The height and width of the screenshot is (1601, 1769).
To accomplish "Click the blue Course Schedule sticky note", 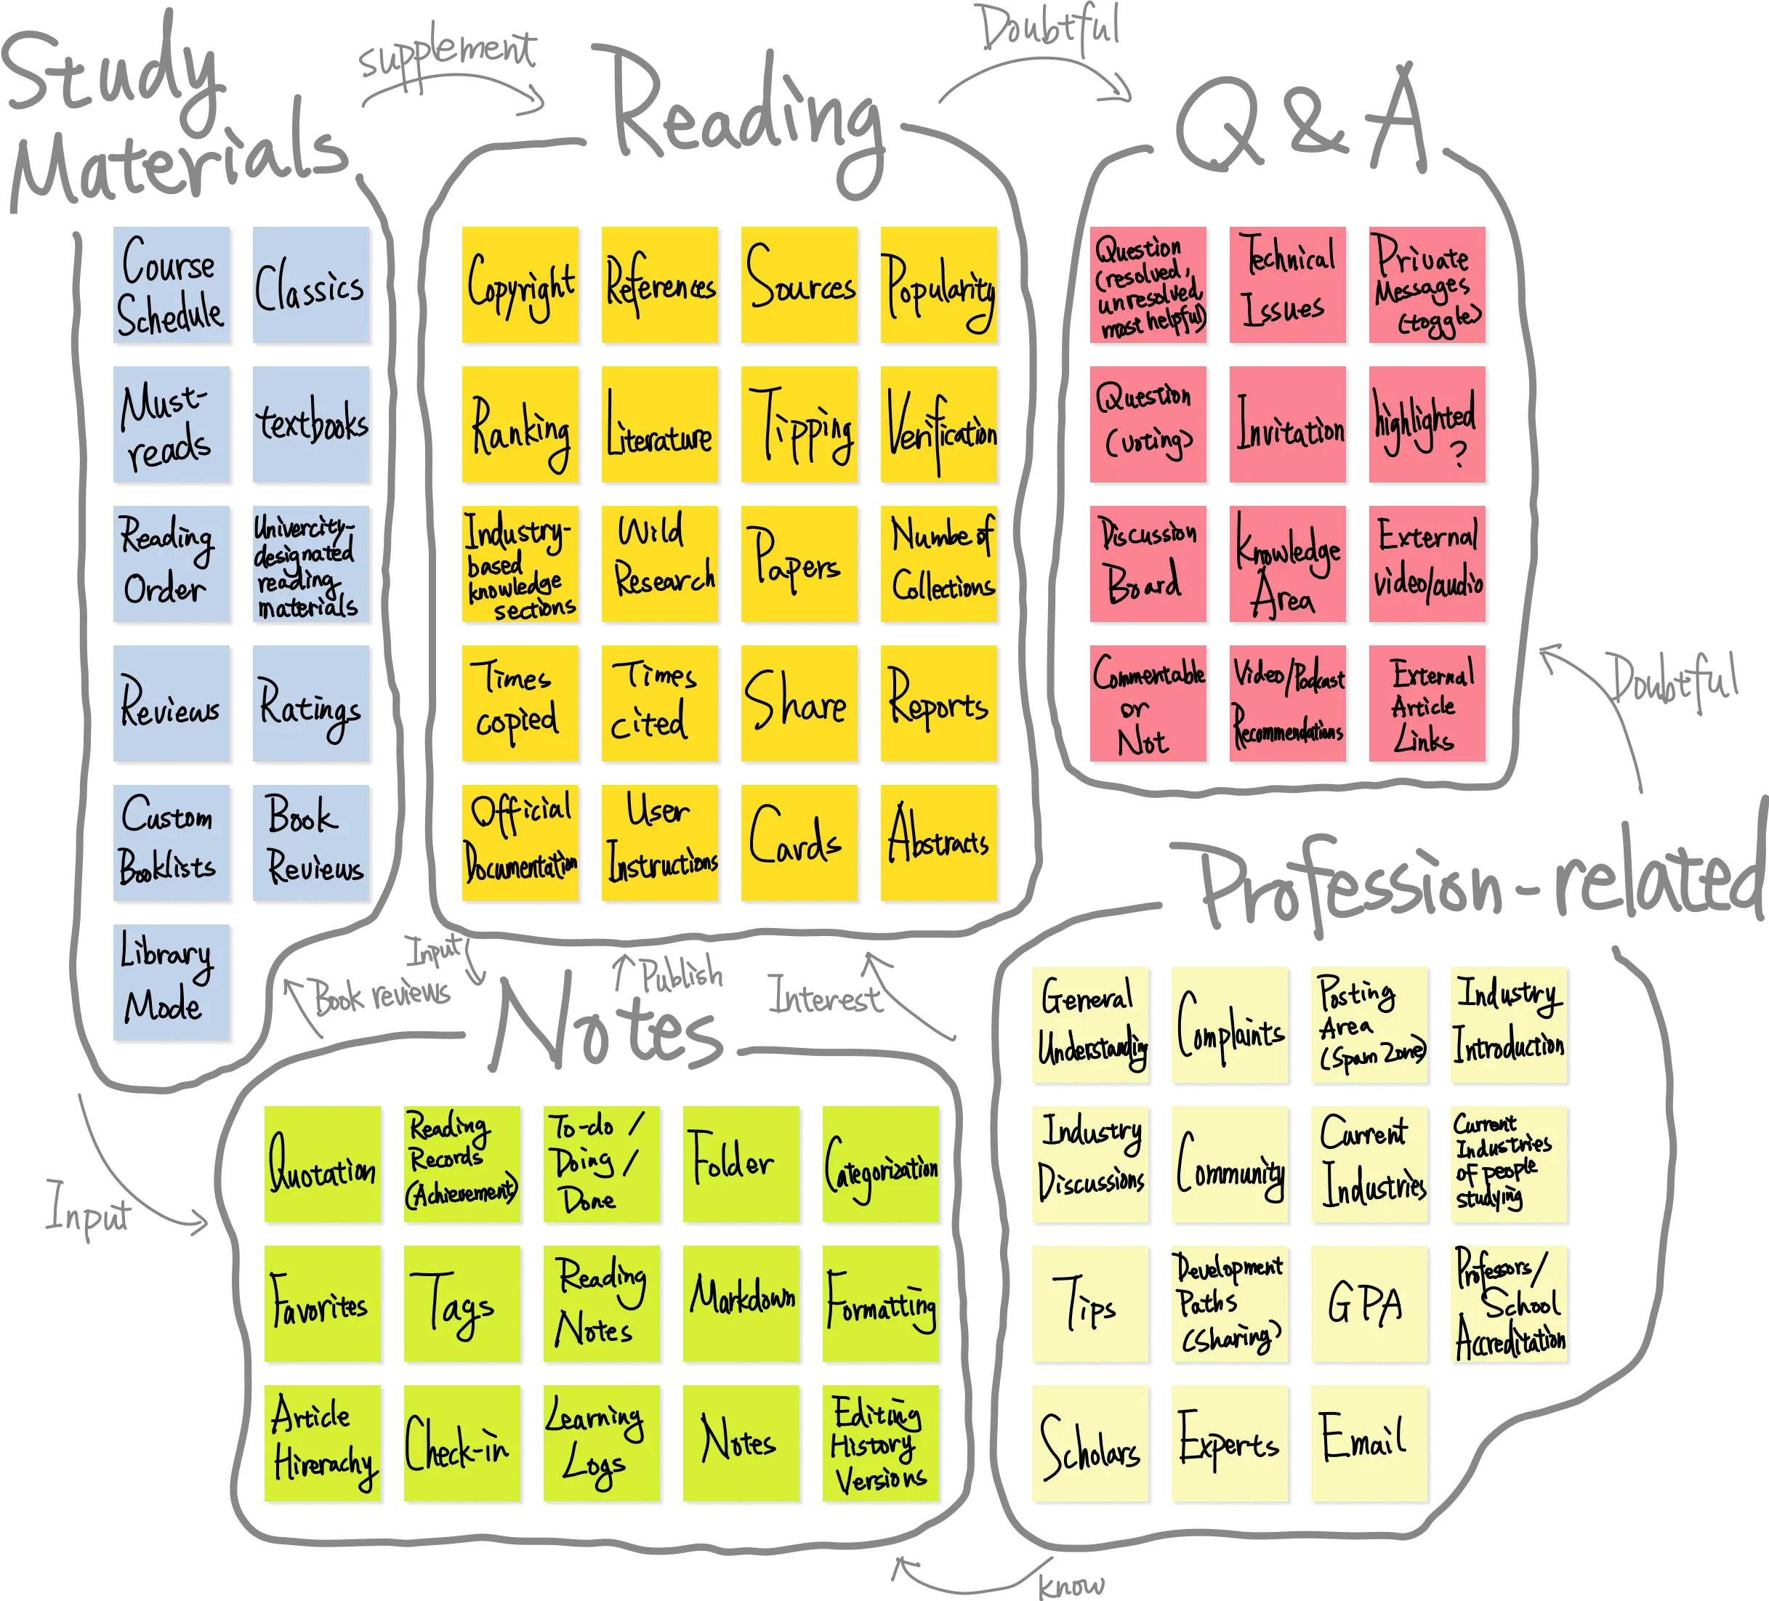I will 171,286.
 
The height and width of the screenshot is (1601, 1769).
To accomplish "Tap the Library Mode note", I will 171,983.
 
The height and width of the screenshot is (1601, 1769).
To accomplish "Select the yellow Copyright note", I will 520,286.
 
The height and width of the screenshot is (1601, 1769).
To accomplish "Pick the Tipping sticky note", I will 799,425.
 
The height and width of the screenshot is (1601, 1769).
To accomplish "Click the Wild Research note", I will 660,565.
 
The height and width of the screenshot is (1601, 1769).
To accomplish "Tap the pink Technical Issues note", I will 1288,286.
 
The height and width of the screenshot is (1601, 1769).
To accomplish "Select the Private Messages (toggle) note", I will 1427,286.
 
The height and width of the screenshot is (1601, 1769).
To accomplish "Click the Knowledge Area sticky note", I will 1288,565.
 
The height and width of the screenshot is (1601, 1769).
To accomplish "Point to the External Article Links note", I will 1427,704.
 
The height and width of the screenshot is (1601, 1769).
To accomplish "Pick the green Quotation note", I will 323,1165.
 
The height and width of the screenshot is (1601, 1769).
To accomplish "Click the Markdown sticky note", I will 741,1304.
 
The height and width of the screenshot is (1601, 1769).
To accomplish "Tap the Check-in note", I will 462,1444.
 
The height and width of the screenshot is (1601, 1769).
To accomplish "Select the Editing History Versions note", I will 881,1444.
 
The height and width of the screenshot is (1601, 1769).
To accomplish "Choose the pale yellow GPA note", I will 1368,1304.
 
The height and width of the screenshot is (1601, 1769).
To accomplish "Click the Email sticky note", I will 1368,1444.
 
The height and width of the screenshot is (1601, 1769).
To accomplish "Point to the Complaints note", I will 1228,1025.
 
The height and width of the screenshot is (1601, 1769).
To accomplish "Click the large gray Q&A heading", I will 1303,123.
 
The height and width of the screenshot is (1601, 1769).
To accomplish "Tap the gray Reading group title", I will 746,110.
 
